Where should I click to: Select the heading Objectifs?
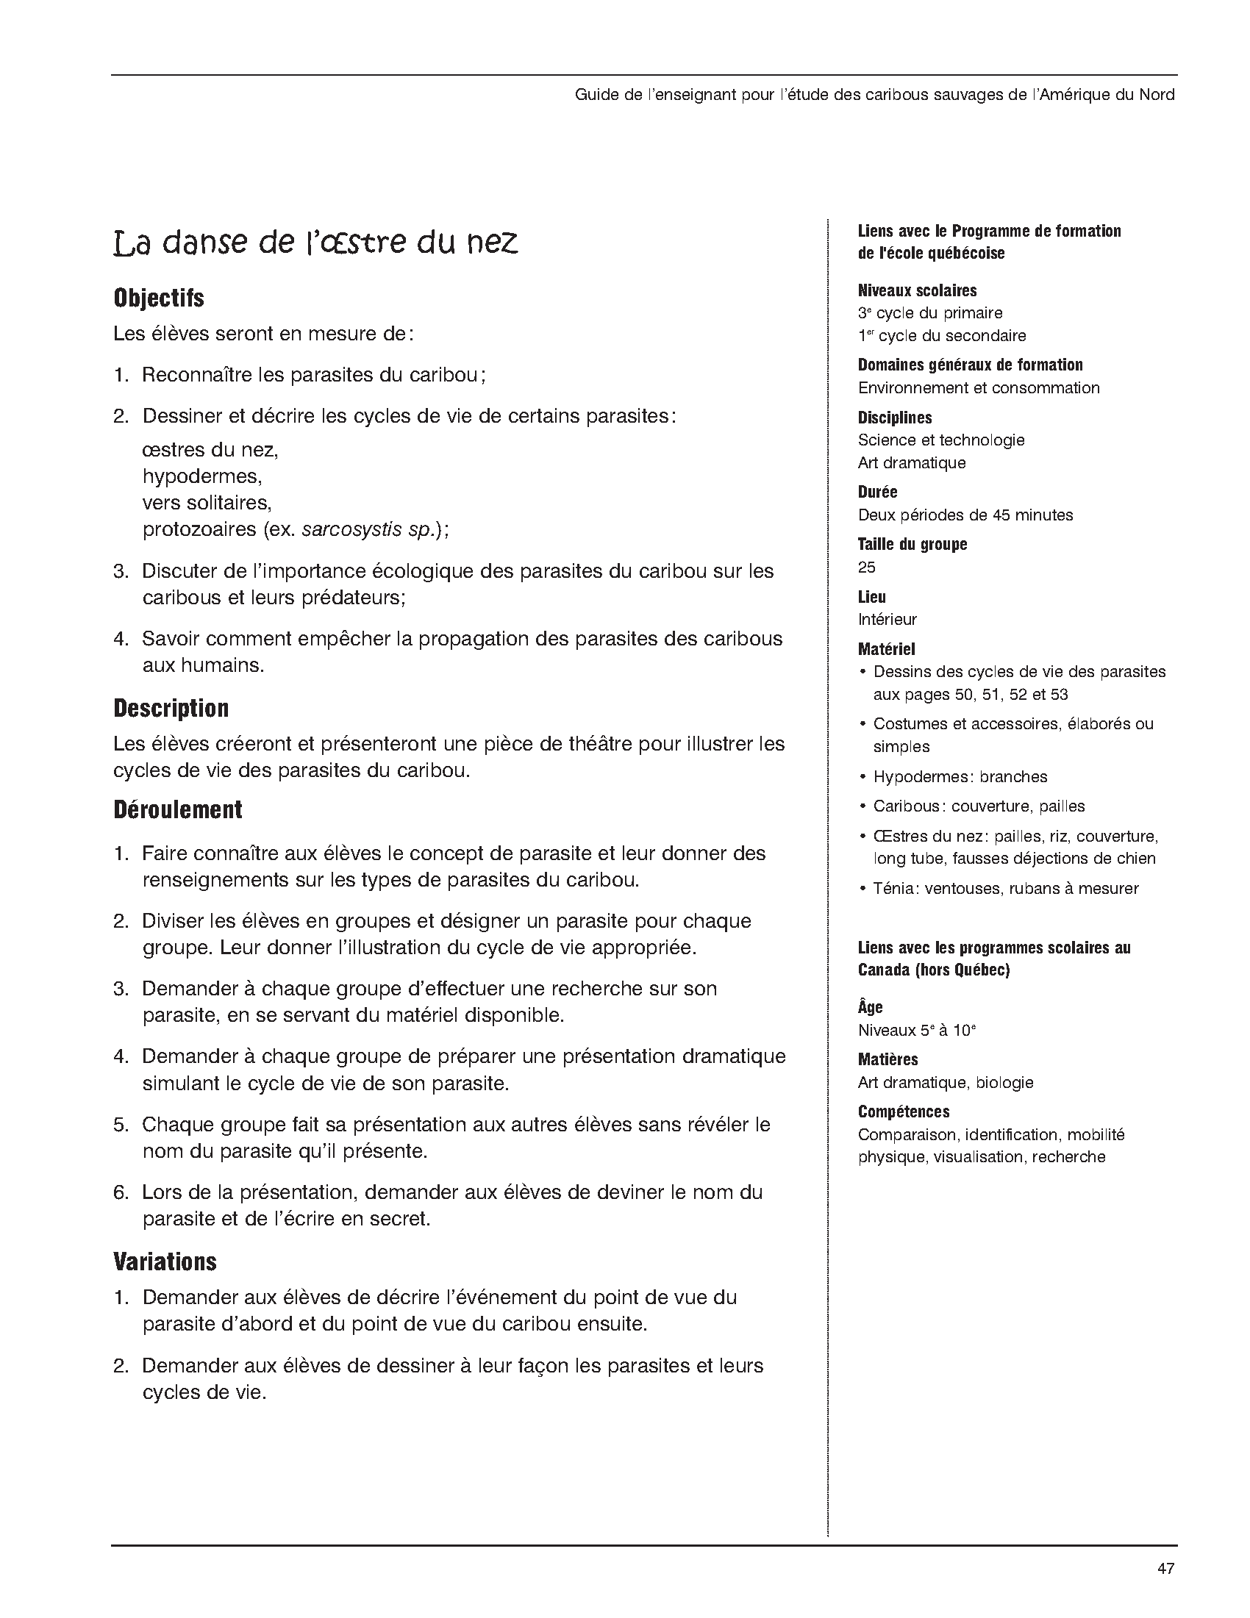tap(159, 298)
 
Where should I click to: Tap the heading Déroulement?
tap(178, 810)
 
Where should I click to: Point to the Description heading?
tap(171, 708)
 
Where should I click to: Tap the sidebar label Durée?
tap(877, 492)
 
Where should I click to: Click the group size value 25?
tap(866, 568)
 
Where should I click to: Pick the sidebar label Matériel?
tap(886, 649)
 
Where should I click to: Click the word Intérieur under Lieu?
tap(887, 620)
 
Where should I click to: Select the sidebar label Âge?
tap(870, 1008)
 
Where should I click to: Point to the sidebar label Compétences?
tap(903, 1112)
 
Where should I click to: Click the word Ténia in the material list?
tap(893, 888)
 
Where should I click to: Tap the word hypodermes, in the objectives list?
tap(202, 476)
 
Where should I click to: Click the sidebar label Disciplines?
tap(894, 418)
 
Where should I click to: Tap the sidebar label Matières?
tap(888, 1059)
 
